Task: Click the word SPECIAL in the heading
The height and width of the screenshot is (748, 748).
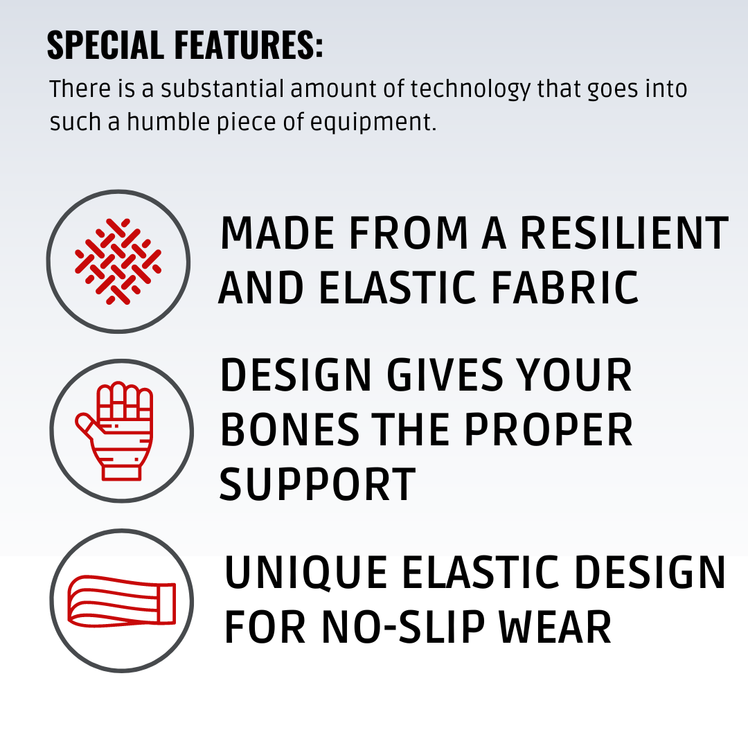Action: (x=105, y=45)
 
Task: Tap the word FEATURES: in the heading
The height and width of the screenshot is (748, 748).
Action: (x=249, y=45)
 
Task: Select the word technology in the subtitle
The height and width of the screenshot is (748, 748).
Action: (x=470, y=90)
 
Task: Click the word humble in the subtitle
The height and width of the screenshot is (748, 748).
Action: (x=168, y=122)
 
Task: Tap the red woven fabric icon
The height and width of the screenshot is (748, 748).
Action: (x=118, y=261)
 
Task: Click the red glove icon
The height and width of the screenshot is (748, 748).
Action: (x=114, y=431)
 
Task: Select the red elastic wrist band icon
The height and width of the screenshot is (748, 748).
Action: (x=122, y=601)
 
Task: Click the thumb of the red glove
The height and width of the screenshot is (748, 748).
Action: (x=87, y=425)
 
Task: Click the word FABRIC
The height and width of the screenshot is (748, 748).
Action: (x=565, y=287)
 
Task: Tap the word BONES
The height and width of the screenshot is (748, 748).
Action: (x=290, y=430)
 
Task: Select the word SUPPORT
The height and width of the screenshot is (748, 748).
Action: (x=318, y=484)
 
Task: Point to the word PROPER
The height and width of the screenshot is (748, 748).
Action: (x=548, y=430)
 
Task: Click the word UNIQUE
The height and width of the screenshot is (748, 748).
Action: (x=306, y=573)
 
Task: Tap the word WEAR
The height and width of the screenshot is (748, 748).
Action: (x=555, y=627)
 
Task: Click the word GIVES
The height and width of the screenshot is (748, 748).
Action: (x=445, y=375)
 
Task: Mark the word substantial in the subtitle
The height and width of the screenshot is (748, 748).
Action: (x=222, y=89)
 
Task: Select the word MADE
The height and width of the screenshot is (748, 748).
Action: (x=276, y=233)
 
